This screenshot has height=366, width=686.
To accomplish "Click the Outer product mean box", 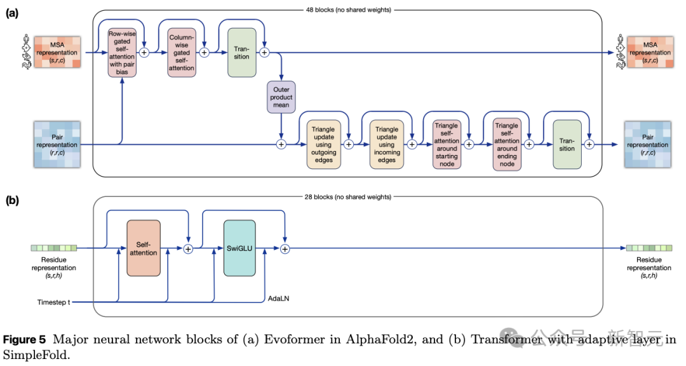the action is coord(281,97).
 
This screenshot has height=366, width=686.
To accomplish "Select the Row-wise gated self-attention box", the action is coord(122,53).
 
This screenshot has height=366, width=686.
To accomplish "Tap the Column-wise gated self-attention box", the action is coord(182,53).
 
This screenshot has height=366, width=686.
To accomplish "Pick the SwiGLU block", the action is coord(239,248).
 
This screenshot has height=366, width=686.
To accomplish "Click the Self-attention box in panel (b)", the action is coord(144,248).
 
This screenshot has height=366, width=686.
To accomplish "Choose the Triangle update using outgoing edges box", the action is coord(324,144).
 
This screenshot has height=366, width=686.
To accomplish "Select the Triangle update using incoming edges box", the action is coord(387,144).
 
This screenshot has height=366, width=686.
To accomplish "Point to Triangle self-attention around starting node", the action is coord(447,144).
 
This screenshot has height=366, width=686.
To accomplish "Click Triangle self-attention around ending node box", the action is coord(507,144).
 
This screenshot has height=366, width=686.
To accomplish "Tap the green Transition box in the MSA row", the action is coord(242,53).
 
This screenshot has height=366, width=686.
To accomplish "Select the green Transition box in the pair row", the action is coord(567,144).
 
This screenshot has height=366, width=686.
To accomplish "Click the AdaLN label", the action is coord(279,299).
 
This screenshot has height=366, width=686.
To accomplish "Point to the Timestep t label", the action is coord(54,302).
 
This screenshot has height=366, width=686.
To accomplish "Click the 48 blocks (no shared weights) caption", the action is coord(348,10).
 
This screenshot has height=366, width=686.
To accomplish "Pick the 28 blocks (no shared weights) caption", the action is coord(348,197).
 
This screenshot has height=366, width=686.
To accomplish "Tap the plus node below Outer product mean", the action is coord(281,144).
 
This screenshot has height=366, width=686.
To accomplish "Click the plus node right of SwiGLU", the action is coord(285,248).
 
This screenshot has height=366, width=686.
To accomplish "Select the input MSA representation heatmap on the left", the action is coord(57,53).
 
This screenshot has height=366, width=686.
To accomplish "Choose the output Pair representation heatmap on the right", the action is coord(648,144).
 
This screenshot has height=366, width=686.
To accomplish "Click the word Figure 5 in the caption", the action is coord(24,340).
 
